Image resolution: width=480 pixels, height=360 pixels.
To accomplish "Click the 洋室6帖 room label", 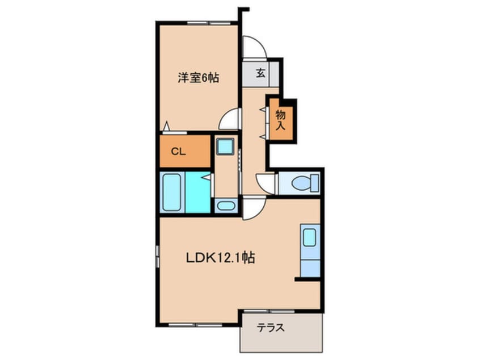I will pos(198,78).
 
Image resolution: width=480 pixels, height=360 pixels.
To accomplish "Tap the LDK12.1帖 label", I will pos(220,258).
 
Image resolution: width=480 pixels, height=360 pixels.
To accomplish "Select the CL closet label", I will pos(178,151).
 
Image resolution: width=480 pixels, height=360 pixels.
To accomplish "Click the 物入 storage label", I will pos(280,120).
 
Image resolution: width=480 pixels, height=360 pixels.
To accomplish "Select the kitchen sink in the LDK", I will pos(309,237).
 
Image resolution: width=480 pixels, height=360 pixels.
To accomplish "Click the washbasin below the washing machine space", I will pos(226,205).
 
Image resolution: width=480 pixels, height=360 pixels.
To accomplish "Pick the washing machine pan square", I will pos(226,146).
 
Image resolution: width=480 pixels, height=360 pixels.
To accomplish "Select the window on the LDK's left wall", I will pos(158,256).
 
